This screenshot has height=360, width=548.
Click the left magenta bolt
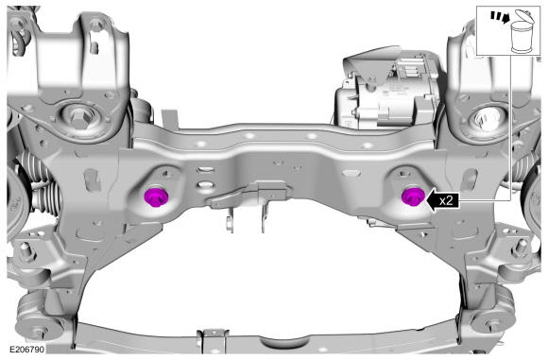(156, 197)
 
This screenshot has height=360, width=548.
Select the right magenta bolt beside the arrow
(413, 197)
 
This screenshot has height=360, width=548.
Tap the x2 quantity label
(446, 200)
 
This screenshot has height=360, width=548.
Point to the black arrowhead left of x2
(431, 200)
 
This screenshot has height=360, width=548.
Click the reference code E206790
(26, 350)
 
